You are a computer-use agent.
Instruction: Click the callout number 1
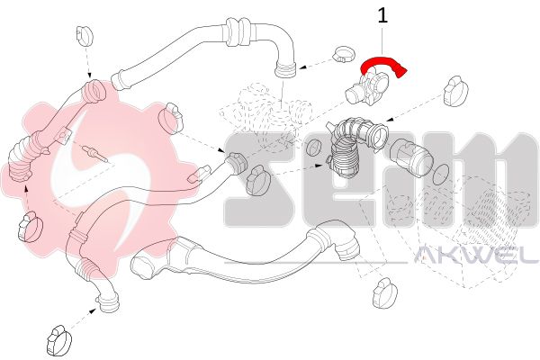(x=382, y=15)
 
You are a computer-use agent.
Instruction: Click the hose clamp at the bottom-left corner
(x=59, y=340)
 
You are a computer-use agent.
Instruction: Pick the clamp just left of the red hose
(x=344, y=54)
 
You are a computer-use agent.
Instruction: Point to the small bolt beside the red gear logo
(x=95, y=154)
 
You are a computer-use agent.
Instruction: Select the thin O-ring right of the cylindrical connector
(x=439, y=175)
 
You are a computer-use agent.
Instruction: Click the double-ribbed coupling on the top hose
(x=238, y=32)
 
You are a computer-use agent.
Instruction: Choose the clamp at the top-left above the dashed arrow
(x=84, y=35)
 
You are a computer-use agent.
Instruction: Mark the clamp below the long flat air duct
(x=385, y=292)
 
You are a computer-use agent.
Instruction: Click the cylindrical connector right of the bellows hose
(x=410, y=157)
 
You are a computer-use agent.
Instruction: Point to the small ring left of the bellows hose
(x=314, y=148)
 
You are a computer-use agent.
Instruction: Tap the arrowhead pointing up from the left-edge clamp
(x=26, y=188)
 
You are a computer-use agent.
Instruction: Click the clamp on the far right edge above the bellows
(x=455, y=91)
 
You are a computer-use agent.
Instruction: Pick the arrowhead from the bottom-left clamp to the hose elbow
(x=93, y=310)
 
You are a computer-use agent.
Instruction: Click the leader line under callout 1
(x=382, y=40)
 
